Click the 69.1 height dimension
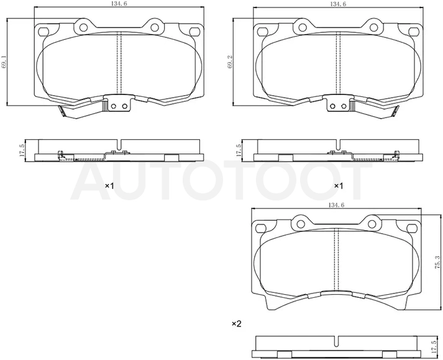pyautogui.click(x=4, y=62)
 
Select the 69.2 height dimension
pyautogui.click(x=231, y=62)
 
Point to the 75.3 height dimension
pyautogui.click(x=437, y=262)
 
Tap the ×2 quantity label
pyautogui.click(x=237, y=323)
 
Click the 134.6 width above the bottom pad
pyautogui.click(x=336, y=206)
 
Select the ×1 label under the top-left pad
pyautogui.click(x=109, y=186)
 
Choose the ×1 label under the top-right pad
pyautogui.click(x=339, y=186)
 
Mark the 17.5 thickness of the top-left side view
pyautogui.click(x=22, y=150)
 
